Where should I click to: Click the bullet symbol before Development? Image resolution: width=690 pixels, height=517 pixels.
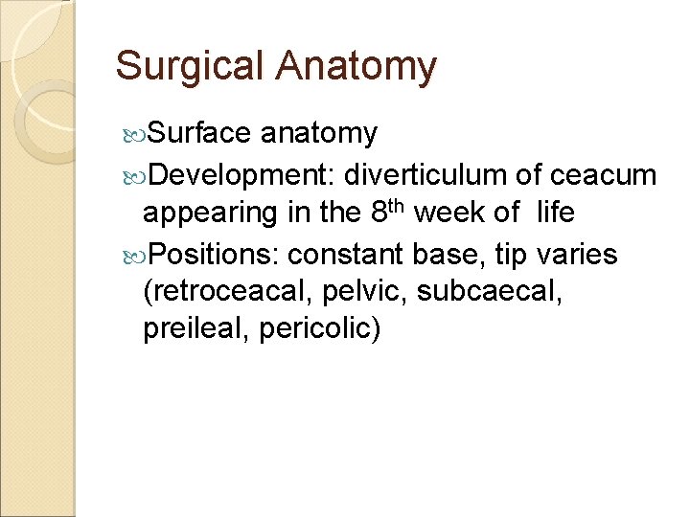tap(135, 176)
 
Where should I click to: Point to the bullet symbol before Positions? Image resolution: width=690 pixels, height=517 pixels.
tap(135, 256)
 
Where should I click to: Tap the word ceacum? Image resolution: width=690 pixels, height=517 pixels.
tap(604, 175)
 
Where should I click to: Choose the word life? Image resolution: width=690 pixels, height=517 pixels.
tap(556, 213)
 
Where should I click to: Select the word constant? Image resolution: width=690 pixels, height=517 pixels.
tap(348, 255)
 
